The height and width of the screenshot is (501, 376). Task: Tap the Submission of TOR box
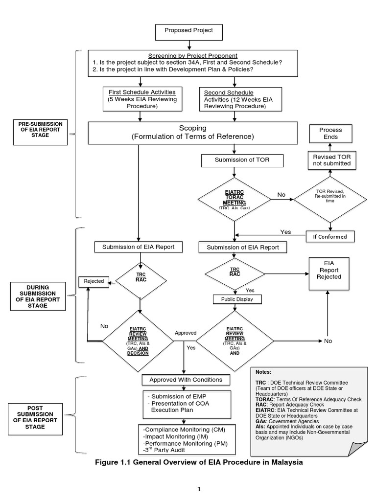click(x=235, y=160)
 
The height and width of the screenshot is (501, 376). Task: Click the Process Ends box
click(x=330, y=133)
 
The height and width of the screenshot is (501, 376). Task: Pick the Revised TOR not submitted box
click(x=331, y=160)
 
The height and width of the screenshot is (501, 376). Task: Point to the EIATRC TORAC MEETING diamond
click(x=235, y=199)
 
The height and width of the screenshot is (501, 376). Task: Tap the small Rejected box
click(x=94, y=281)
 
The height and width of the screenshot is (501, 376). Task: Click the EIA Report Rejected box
click(x=329, y=270)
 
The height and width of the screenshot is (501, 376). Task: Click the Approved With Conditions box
click(x=186, y=379)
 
